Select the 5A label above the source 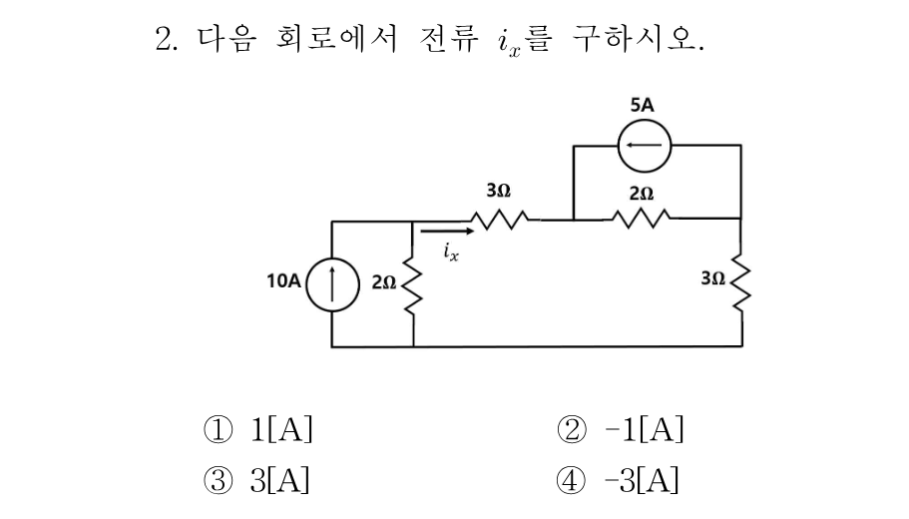tap(642, 105)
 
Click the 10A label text tap(283, 280)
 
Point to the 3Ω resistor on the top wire tap(500, 220)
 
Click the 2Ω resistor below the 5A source tap(642, 219)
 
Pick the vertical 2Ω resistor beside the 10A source tap(413, 287)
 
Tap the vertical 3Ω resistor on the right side tap(741, 282)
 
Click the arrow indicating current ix tap(447, 232)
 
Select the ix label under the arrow tap(451, 252)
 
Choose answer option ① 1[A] tap(258, 430)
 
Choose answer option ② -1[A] tap(620, 430)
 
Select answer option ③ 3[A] tap(256, 481)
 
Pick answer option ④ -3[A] tap(618, 481)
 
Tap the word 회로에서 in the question tap(336, 39)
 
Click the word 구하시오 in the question tap(638, 39)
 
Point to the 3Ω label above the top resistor tap(499, 191)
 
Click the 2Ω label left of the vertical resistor tap(384, 282)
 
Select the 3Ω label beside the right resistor tap(713, 278)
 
